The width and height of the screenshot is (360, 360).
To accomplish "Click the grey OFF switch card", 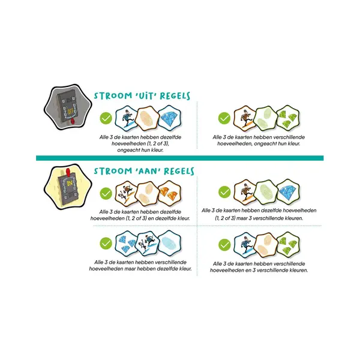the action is click(x=68, y=107).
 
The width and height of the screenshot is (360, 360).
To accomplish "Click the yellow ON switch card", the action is click(x=68, y=187).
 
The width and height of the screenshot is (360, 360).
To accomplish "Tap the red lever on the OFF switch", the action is click(x=73, y=121).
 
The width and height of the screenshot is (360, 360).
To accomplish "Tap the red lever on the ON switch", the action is click(x=68, y=172).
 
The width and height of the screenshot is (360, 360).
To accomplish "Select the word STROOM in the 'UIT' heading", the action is click(x=112, y=96).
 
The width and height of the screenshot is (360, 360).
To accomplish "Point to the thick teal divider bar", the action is click(x=180, y=158).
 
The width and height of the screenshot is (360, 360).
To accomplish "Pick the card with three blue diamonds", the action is click(x=126, y=243).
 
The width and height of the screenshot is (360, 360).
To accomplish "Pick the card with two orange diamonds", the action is click(x=170, y=193).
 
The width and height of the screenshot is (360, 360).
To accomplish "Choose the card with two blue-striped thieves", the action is click(x=148, y=243).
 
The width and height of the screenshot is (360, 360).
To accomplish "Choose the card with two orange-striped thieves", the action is click(x=126, y=193).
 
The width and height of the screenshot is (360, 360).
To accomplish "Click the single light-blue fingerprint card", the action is click(x=170, y=243).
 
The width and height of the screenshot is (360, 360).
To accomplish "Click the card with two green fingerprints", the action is click(x=266, y=118).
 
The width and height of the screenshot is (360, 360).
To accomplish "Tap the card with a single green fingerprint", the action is click(x=266, y=192).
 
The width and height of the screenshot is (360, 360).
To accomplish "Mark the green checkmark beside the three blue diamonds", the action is click(x=106, y=244).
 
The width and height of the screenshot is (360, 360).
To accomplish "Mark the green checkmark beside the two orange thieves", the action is click(x=106, y=193).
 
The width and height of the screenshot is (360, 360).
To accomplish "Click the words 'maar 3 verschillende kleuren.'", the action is click(x=269, y=218).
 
